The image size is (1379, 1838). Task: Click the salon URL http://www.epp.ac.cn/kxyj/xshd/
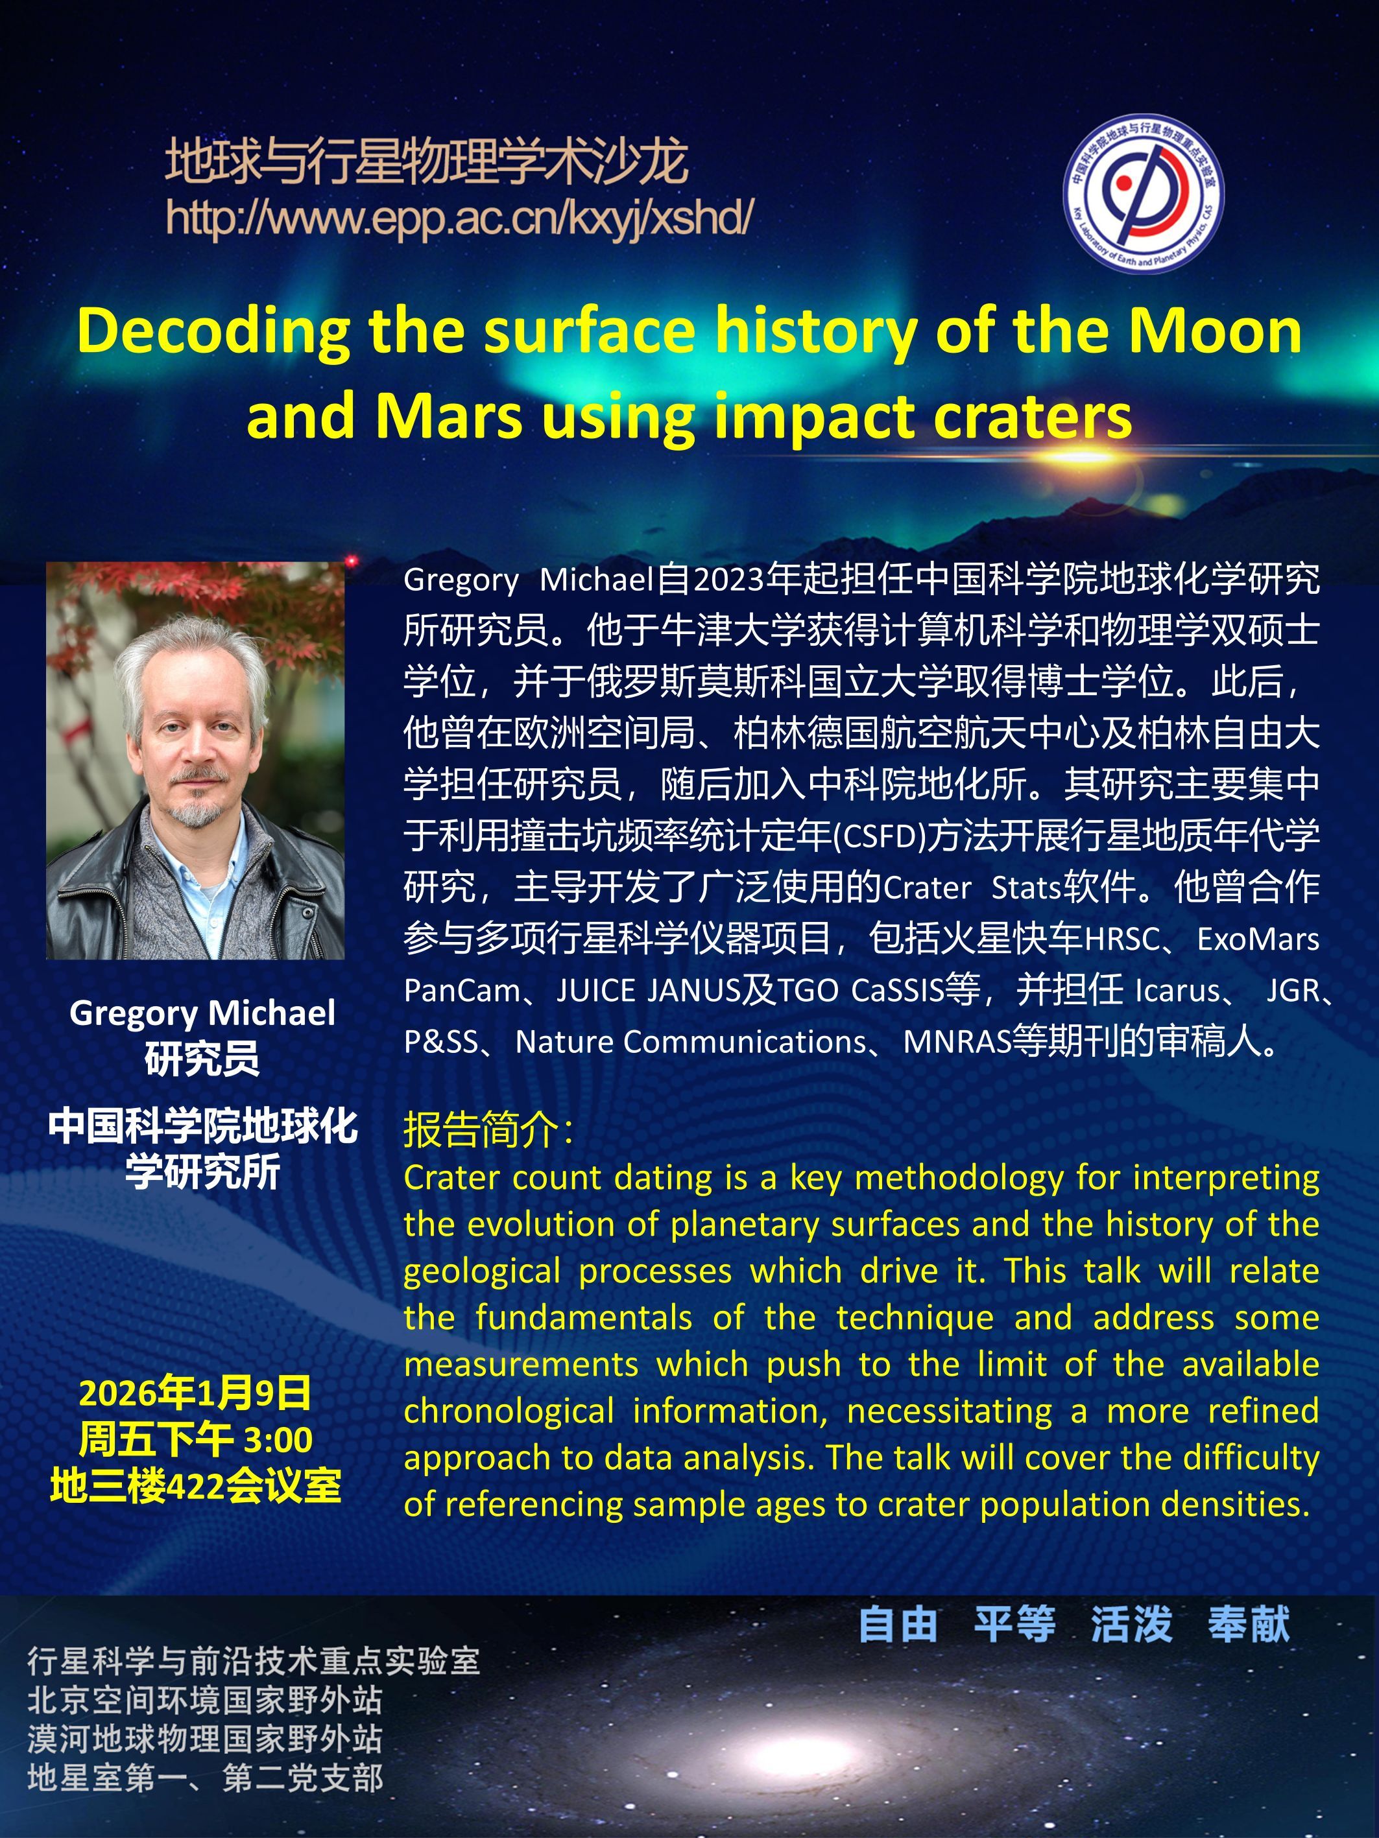[x=460, y=218]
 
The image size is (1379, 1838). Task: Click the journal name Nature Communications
[x=690, y=1042]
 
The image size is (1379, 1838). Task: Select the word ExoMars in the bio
[x=1258, y=939]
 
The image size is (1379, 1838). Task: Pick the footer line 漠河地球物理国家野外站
[x=204, y=1738]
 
